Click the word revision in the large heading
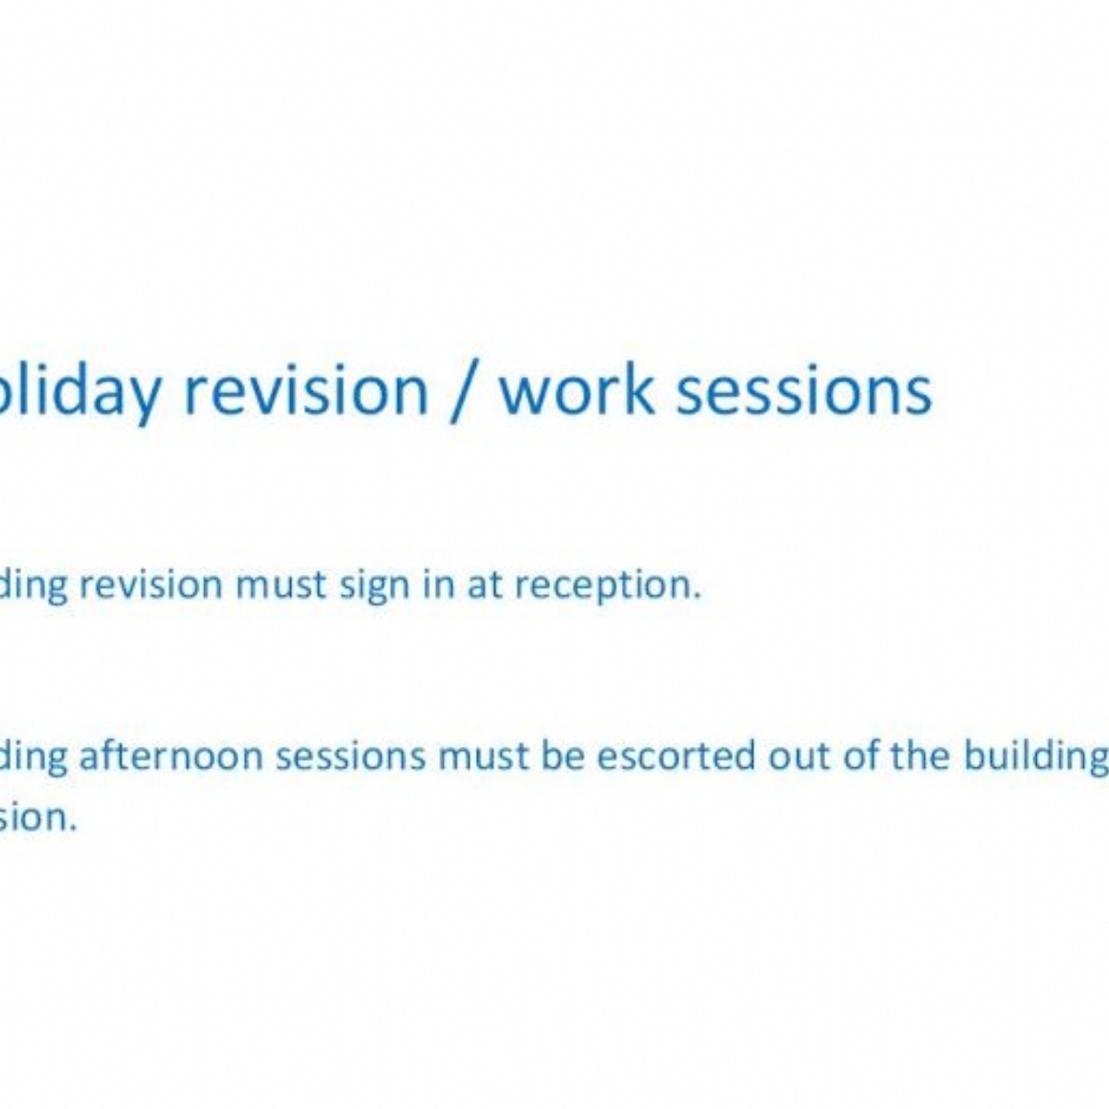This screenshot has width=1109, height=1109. coord(306,390)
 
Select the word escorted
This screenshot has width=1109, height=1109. coord(676,756)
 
